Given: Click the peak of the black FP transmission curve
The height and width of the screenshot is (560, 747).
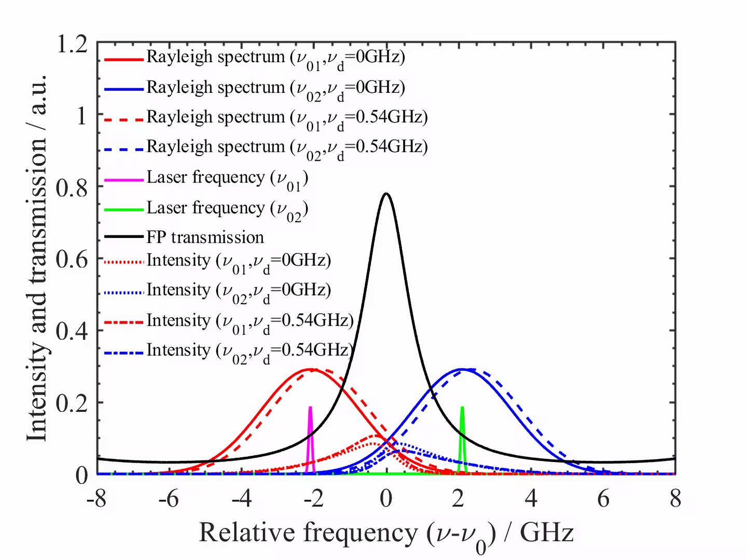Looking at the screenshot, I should pyautogui.click(x=386, y=194).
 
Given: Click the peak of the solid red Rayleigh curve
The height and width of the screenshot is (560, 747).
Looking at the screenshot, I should pyautogui.click(x=310, y=369).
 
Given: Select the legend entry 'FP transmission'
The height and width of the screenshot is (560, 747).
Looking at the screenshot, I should pyautogui.click(x=205, y=237).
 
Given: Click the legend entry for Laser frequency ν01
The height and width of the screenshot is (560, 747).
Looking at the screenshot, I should pyautogui.click(x=227, y=178).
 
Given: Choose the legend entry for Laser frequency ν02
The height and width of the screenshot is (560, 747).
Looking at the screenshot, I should pyautogui.click(x=227, y=208).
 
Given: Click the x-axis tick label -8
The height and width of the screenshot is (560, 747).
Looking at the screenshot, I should pyautogui.click(x=96, y=499).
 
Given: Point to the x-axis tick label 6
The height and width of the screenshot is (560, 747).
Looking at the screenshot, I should pyautogui.click(x=603, y=499).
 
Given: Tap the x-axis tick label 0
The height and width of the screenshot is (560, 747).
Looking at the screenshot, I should pyautogui.click(x=386, y=499).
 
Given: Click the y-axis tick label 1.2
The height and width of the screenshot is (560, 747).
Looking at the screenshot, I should pyautogui.click(x=72, y=45).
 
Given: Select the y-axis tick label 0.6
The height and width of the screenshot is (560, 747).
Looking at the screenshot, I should pyautogui.click(x=72, y=259).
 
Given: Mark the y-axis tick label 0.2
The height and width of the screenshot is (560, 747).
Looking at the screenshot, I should pyautogui.click(x=72, y=403).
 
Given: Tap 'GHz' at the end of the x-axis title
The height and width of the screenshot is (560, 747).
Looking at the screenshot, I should pyautogui.click(x=547, y=533).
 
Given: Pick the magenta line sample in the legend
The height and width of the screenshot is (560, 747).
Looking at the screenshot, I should pyautogui.click(x=124, y=180).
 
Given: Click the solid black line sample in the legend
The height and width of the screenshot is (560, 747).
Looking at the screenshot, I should pyautogui.click(x=124, y=237).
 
